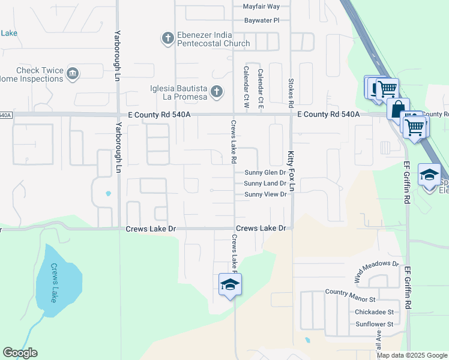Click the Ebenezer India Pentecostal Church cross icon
[x=168, y=39]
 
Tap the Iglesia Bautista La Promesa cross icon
[x=217, y=92]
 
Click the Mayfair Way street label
[x=261, y=7]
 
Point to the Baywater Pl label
[x=262, y=20]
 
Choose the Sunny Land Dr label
[x=265, y=183]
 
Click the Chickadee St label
[x=374, y=312]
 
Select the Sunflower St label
[x=373, y=324]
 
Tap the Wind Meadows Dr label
[x=376, y=271]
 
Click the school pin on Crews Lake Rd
[x=229, y=285]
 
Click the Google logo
[x=20, y=353]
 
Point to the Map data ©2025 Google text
[x=411, y=355]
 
